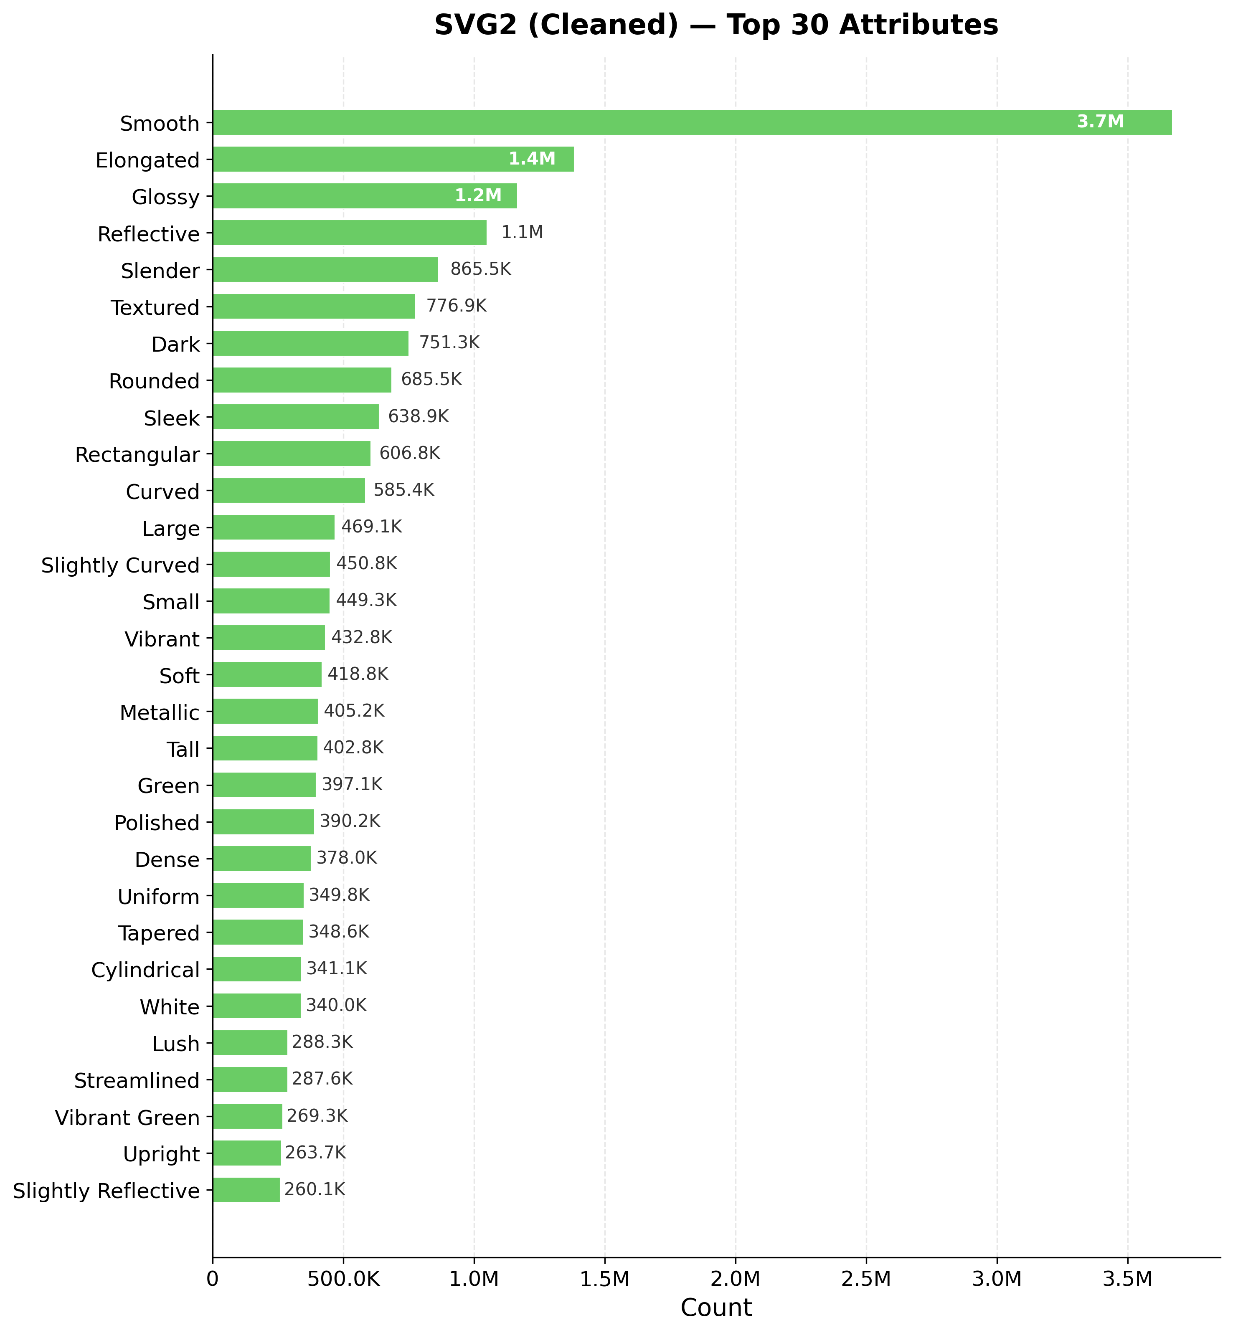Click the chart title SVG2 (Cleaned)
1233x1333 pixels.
click(x=716, y=25)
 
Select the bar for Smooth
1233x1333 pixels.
click(x=692, y=123)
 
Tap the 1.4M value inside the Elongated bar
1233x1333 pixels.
click(x=532, y=159)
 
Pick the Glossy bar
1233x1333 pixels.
click(x=364, y=196)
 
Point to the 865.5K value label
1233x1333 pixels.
click(x=480, y=269)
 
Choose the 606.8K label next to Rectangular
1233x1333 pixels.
click(x=410, y=454)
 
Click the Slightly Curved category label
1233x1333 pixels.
click(x=120, y=566)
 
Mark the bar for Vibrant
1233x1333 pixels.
click(x=269, y=638)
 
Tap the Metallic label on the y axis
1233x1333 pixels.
click(x=160, y=713)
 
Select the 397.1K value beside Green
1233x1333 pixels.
click(x=352, y=785)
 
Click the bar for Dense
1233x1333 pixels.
click(x=261, y=859)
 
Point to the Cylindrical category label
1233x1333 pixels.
click(x=145, y=970)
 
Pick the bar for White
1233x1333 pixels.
click(x=257, y=1006)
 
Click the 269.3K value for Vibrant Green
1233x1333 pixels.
click(x=317, y=1116)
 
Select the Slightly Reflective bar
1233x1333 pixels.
click(x=246, y=1190)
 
